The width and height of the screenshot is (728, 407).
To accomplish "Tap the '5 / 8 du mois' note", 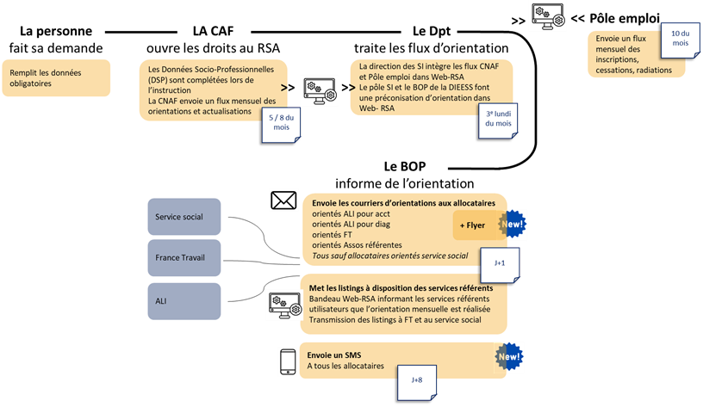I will pos(281,122).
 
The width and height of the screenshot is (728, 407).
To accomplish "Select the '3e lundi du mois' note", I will pos(498,119).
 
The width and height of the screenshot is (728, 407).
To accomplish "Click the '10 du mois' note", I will pos(680,38).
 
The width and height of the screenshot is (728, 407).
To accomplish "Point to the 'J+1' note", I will pos(499,263).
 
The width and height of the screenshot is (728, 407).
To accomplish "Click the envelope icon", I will pos(283,200).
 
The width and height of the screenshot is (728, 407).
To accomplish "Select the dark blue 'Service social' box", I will pos(184,217).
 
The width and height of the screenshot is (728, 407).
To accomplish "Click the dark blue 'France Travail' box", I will pos(184,257).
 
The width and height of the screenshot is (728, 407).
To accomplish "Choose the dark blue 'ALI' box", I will pos(184,301).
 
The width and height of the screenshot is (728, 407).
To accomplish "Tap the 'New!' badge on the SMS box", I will pos(509,356).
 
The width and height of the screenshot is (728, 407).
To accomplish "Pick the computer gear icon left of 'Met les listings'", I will pos(284,304).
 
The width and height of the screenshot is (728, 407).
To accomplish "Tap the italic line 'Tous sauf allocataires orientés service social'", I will pos(389,256).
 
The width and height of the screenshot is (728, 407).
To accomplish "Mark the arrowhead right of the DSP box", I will pos(286,87).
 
